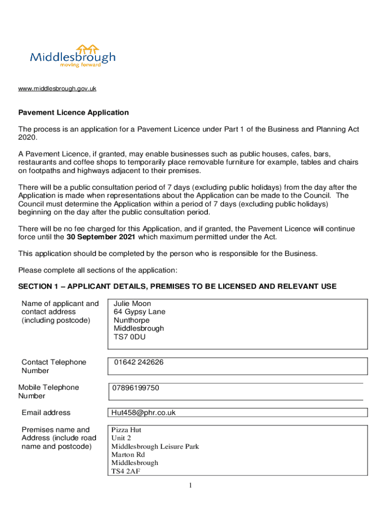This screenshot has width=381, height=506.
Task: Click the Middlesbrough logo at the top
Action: (73, 55)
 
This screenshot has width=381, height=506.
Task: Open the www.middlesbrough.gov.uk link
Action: (57, 88)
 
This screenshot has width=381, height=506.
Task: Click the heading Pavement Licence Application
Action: (73, 113)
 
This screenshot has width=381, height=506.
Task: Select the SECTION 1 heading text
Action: (177, 287)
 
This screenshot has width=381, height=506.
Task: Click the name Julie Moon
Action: (132, 303)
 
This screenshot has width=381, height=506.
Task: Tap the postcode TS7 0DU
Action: (130, 337)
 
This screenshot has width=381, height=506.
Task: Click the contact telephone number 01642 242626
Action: (139, 362)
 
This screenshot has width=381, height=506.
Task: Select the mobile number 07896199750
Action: (135, 388)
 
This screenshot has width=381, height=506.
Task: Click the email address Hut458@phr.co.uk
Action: (143, 413)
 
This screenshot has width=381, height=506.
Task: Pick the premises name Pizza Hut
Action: (126, 430)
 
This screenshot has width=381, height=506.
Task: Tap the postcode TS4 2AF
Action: (125, 471)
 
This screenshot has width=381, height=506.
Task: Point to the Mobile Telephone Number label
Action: (48, 392)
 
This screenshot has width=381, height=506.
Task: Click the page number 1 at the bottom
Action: (190, 486)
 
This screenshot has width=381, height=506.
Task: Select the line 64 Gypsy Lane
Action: (140, 312)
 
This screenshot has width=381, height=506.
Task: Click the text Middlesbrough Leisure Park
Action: (155, 447)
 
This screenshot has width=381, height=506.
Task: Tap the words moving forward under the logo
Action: (80, 65)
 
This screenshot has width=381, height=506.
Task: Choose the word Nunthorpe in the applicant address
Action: (132, 320)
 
